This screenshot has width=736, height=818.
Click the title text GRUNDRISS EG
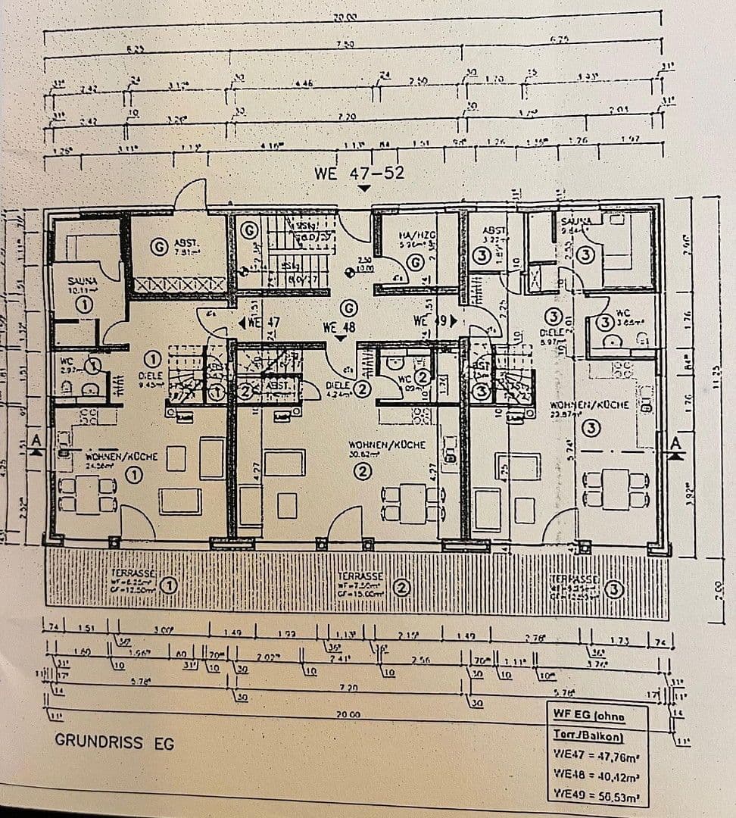click(x=114, y=742)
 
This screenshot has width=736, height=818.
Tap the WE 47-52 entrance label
click(x=359, y=173)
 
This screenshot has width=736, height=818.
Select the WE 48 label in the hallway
click(x=338, y=328)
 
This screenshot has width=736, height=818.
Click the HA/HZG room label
click(x=415, y=238)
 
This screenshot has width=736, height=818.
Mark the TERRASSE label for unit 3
click(x=575, y=579)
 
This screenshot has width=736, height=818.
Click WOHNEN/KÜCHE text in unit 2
click(x=386, y=445)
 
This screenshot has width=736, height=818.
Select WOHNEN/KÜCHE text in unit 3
click(x=590, y=404)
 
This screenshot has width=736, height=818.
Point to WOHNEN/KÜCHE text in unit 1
click(x=121, y=457)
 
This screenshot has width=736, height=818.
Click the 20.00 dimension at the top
click(x=345, y=17)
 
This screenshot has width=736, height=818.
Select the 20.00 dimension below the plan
click(x=349, y=713)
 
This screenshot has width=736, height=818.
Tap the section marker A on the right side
click(x=674, y=443)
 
